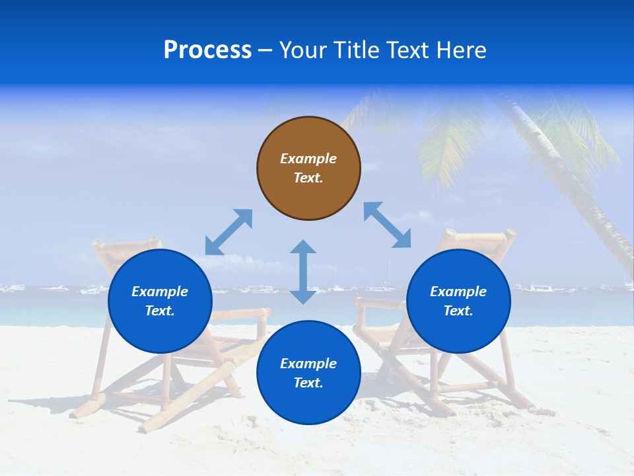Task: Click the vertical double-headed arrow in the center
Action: (303, 272)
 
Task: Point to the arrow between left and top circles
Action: (229, 232)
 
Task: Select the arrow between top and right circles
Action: (387, 225)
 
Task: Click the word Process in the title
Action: (207, 50)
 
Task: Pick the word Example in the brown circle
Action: (308, 159)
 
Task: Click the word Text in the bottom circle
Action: (308, 383)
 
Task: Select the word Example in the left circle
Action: (160, 292)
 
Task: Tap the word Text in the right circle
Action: (458, 311)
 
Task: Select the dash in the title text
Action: (265, 50)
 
